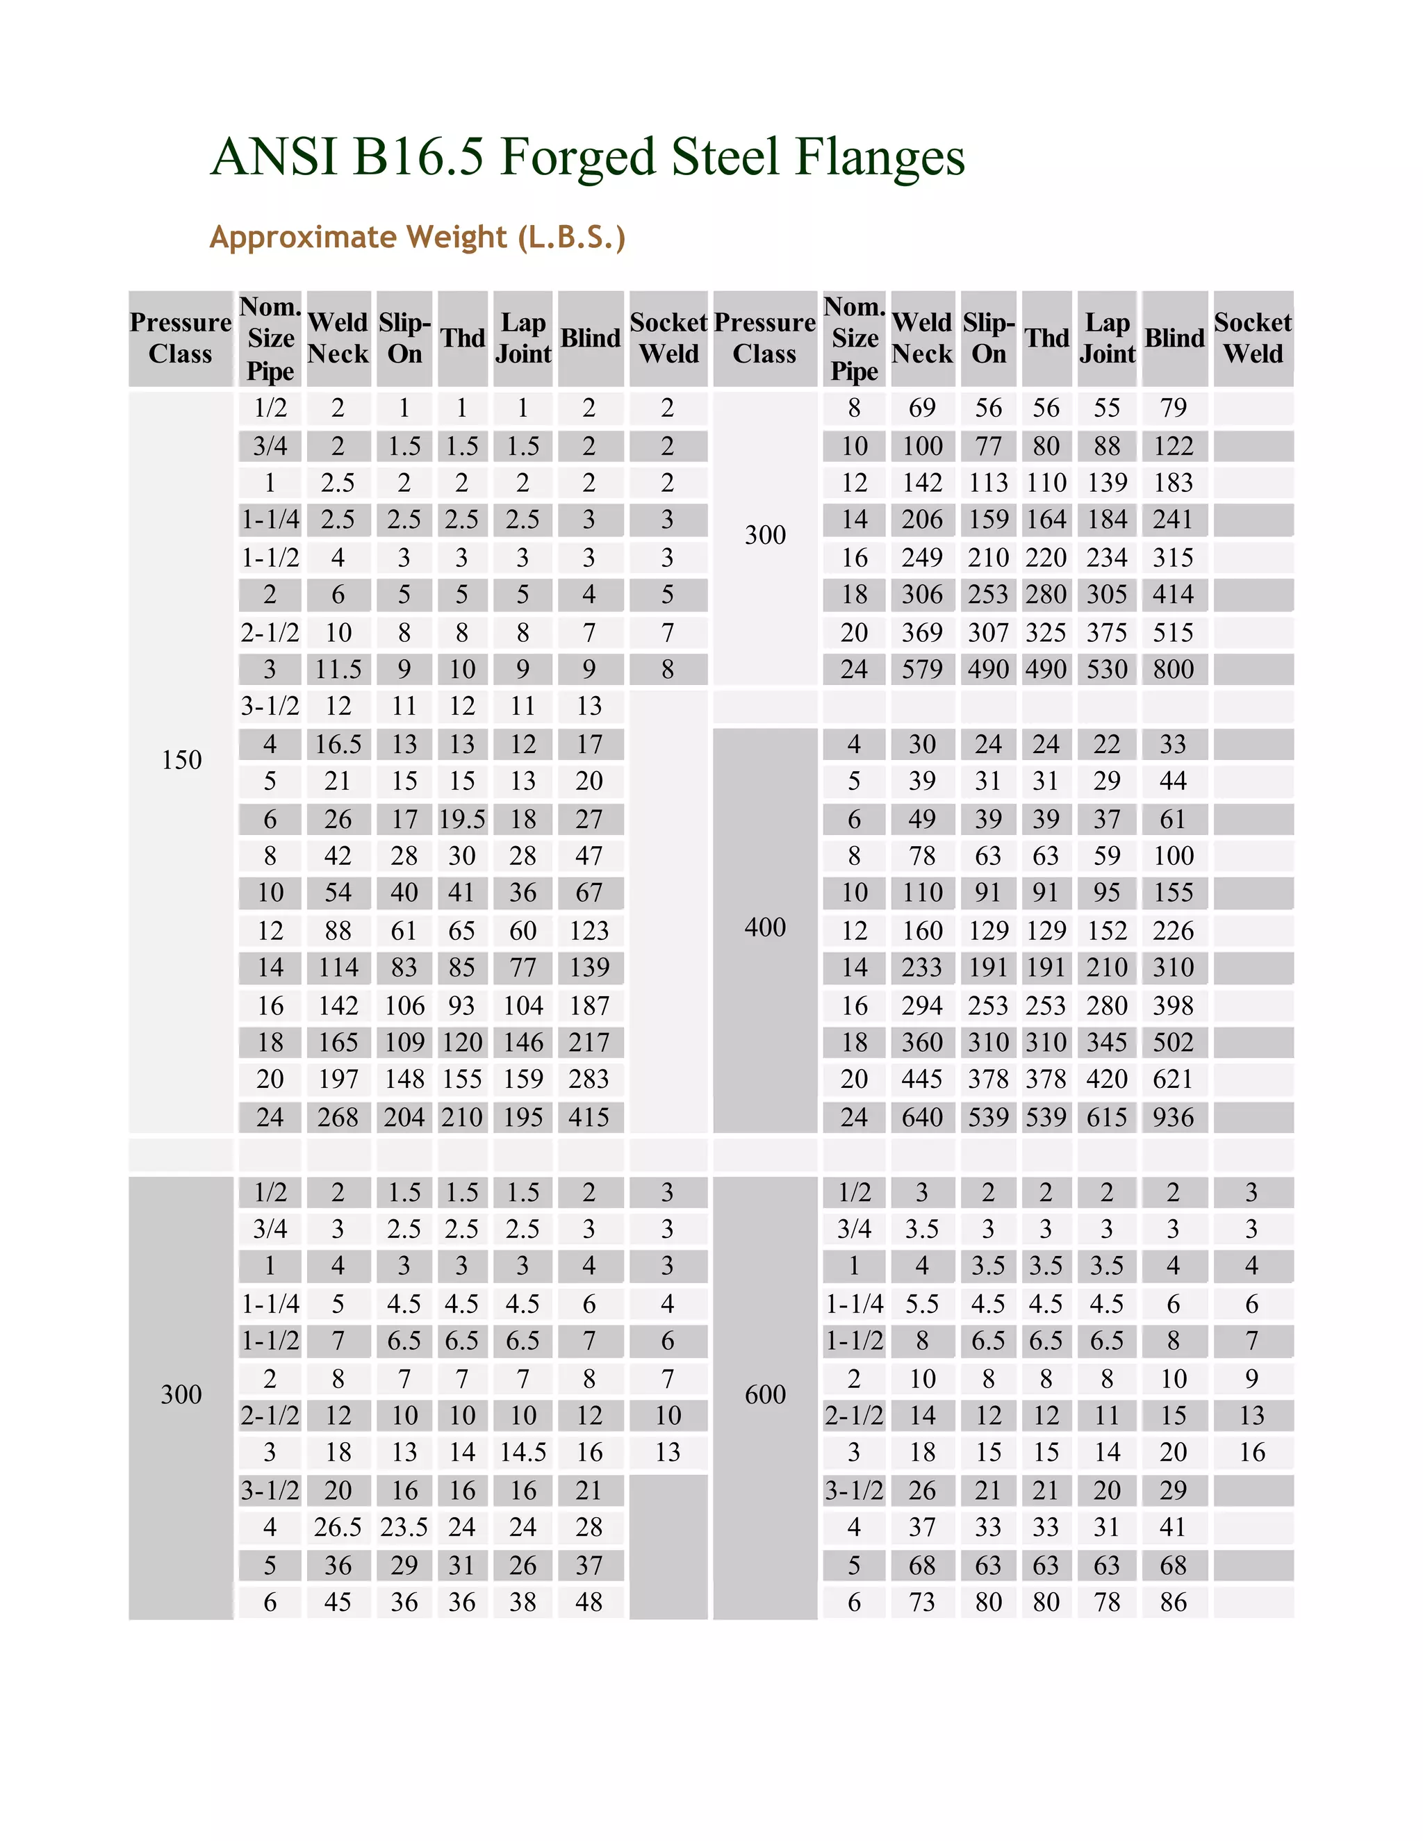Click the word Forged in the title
577,158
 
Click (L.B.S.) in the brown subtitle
573,238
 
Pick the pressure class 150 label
181,760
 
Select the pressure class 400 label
764,928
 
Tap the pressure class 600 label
764,1395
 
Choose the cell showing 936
1174,1118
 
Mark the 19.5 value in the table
462,819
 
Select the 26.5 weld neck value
338,1528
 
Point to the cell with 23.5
404,1528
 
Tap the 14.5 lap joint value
523,1453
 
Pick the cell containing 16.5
338,744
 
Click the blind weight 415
589,1118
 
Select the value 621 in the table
1174,1080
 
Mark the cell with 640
922,1118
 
